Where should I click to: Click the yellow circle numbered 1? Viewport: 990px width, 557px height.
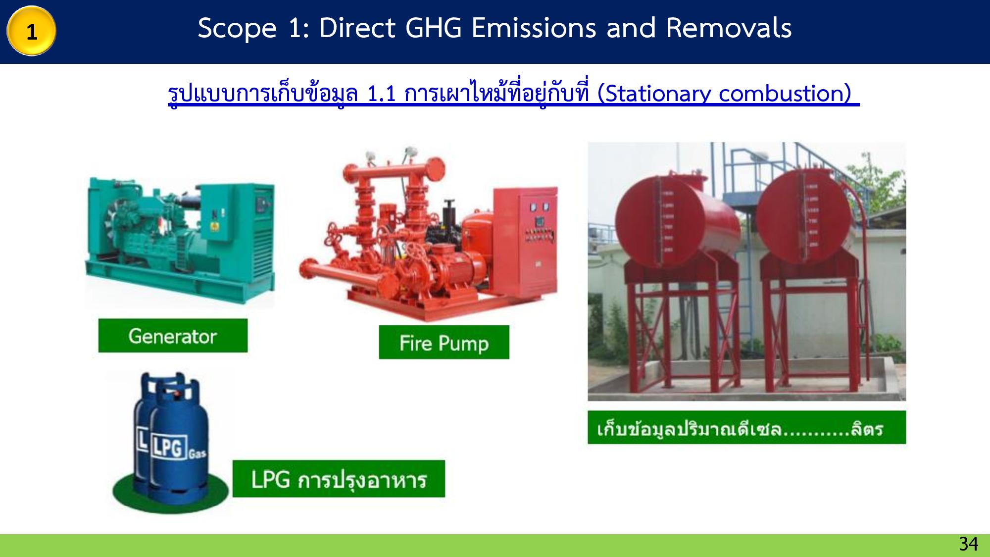(31, 31)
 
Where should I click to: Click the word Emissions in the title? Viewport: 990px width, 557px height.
(534, 28)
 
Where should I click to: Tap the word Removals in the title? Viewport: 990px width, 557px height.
(729, 28)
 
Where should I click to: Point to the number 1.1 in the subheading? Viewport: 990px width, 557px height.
(382, 93)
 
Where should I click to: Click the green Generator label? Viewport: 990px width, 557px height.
(173, 336)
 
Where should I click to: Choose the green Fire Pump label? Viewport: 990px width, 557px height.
(444, 342)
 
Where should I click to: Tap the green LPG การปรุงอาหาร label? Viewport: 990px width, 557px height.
(339, 479)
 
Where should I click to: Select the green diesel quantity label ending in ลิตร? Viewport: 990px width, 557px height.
(746, 427)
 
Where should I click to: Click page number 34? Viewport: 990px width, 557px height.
(969, 544)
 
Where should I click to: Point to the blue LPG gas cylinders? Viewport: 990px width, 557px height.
(171, 438)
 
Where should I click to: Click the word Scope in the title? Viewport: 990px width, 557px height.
(237, 29)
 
